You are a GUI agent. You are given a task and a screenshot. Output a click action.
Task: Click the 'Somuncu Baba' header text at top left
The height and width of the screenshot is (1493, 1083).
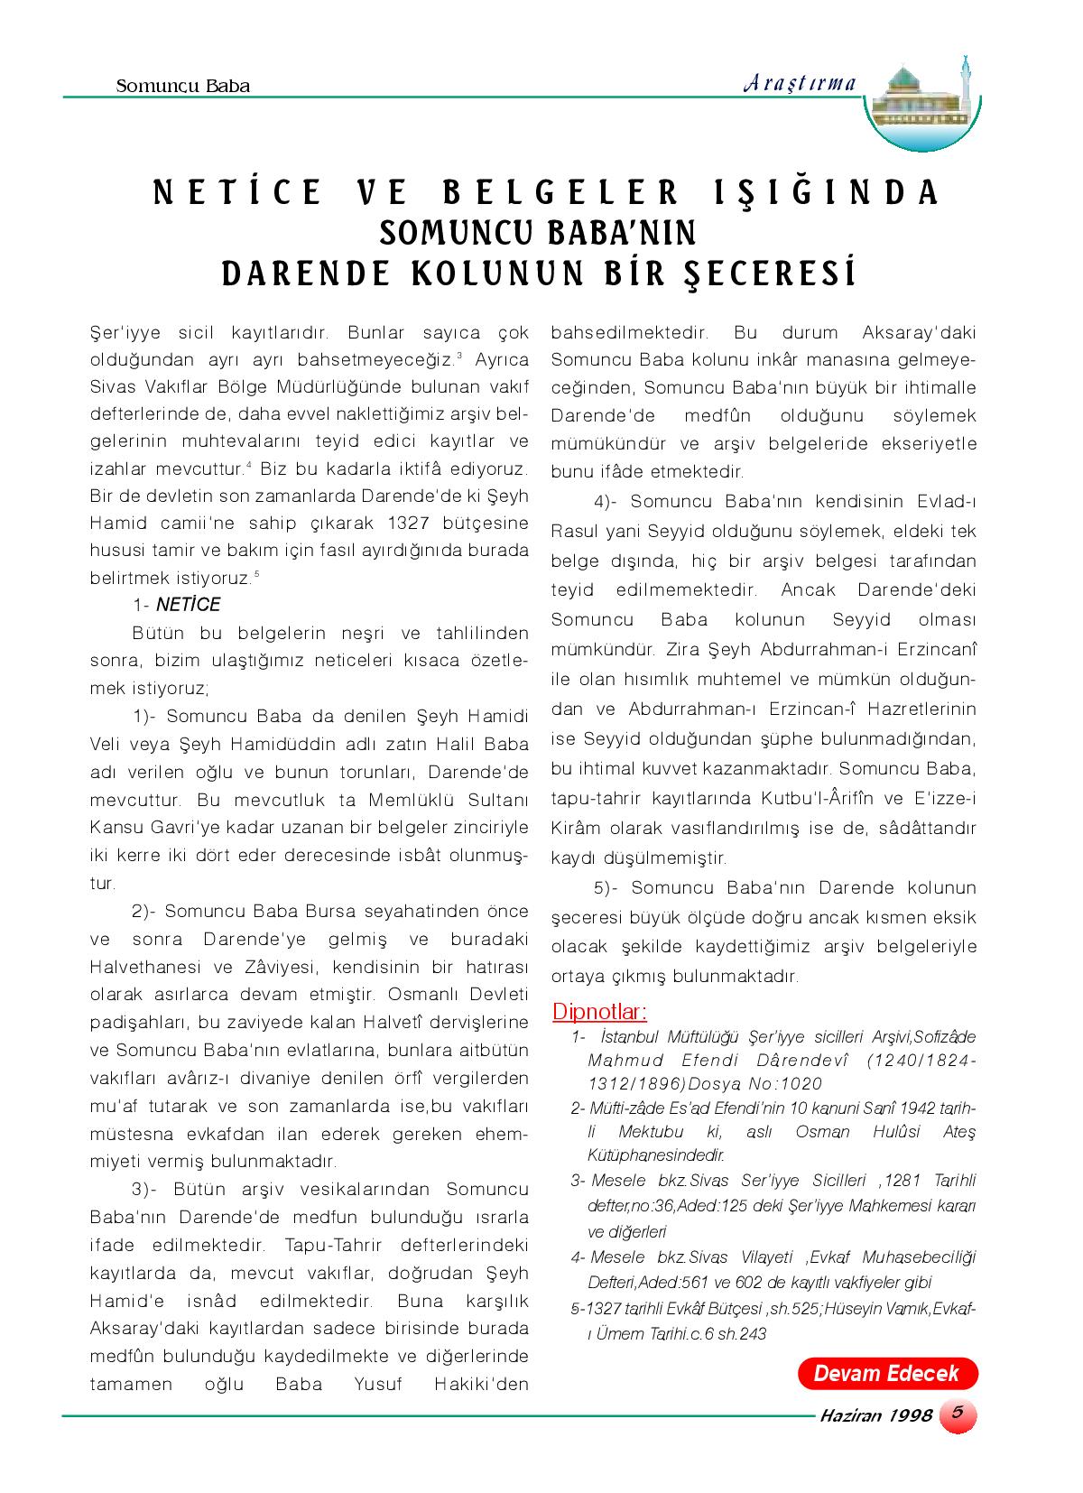click(x=183, y=87)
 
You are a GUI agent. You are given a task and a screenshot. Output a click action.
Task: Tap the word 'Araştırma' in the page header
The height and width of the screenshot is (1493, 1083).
click(x=800, y=83)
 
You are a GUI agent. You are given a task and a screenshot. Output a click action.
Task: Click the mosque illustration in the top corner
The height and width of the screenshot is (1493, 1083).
click(x=921, y=105)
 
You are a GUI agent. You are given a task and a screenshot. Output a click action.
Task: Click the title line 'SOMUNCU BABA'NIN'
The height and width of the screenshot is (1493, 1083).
click(x=538, y=233)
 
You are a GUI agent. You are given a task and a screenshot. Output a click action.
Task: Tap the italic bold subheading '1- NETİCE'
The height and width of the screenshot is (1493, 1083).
click(x=176, y=605)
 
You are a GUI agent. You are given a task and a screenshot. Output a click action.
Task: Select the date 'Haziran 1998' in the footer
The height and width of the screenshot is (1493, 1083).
click(x=875, y=1415)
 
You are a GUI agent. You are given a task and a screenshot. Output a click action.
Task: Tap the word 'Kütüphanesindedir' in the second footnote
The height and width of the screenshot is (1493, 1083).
click(x=656, y=1155)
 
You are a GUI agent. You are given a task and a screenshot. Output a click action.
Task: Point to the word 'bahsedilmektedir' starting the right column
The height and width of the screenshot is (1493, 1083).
click(x=628, y=332)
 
